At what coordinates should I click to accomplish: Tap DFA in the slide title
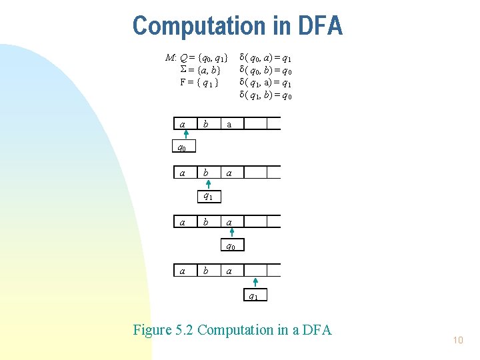pyautogui.click(x=317, y=26)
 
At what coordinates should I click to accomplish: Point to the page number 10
pyautogui.click(x=457, y=340)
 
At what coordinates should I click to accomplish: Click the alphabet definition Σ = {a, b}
pyautogui.click(x=200, y=70)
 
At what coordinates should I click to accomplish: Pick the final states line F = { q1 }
pyautogui.click(x=199, y=83)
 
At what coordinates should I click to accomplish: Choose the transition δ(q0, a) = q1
pyautogui.click(x=265, y=58)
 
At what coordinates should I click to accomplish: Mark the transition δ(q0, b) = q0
pyautogui.click(x=265, y=71)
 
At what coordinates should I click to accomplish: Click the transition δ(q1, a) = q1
pyautogui.click(x=265, y=83)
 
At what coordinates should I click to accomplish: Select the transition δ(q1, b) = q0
pyautogui.click(x=265, y=96)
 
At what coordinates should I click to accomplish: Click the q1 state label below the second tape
pyautogui.click(x=208, y=197)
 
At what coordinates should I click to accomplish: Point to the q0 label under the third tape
pyautogui.click(x=231, y=246)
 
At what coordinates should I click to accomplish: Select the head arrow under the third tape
pyautogui.click(x=231, y=233)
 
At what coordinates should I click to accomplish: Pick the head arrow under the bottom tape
pyautogui.click(x=255, y=283)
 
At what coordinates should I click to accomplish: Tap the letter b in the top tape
pyautogui.click(x=206, y=124)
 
